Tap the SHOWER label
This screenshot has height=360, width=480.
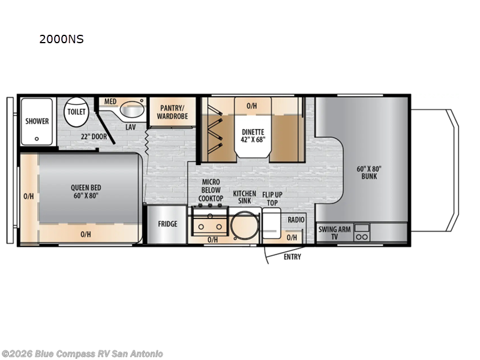click(37, 121)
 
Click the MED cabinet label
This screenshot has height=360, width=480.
click(110, 101)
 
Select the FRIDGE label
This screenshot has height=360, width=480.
click(167, 224)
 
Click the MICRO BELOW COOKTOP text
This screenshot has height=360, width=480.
click(211, 190)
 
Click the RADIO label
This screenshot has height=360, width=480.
click(296, 220)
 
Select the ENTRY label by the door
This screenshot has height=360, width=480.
click(292, 257)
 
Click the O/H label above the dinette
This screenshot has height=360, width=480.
click(252, 106)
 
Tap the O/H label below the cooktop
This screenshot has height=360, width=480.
click(212, 239)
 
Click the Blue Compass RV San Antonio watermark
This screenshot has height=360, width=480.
click(82, 354)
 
